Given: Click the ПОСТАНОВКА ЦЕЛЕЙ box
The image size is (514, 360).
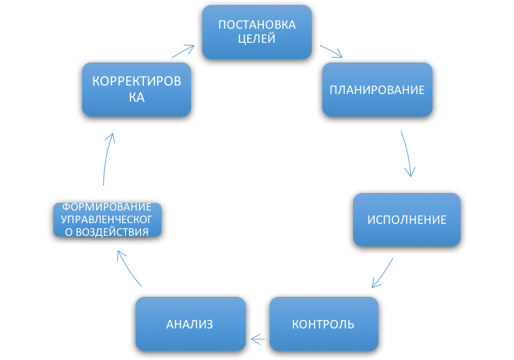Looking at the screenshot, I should (257, 32).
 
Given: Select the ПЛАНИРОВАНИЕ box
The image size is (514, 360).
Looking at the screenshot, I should (377, 89).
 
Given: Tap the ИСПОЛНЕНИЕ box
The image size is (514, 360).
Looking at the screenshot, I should (407, 220).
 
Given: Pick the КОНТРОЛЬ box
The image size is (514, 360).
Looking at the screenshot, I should (324, 324).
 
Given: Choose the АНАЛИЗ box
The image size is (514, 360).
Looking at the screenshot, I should (190, 324).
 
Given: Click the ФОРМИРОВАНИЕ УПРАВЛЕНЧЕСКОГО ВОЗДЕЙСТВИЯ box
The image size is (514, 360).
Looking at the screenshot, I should (107, 220).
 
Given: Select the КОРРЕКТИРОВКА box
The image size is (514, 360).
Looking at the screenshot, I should (136, 89).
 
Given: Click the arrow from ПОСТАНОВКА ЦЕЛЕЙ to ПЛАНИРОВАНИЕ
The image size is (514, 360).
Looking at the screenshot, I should (331, 53).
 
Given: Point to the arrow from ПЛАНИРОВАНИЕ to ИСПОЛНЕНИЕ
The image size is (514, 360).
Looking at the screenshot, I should (407, 153).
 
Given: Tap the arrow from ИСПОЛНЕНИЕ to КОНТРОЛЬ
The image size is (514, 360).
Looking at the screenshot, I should (383, 273).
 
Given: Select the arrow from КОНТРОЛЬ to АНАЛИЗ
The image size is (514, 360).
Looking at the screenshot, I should (258, 340).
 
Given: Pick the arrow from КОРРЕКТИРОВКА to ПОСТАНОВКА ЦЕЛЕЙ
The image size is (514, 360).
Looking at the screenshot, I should (183, 51).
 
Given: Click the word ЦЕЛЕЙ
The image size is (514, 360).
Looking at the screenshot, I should (257, 39).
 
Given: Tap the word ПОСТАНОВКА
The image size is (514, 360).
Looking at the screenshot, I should (257, 25).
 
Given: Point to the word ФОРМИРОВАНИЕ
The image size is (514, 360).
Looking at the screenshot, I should (107, 208).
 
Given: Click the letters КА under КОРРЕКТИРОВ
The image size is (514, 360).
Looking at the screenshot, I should (136, 98).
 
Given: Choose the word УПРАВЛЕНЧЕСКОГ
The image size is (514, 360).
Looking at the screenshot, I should (107, 220).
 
